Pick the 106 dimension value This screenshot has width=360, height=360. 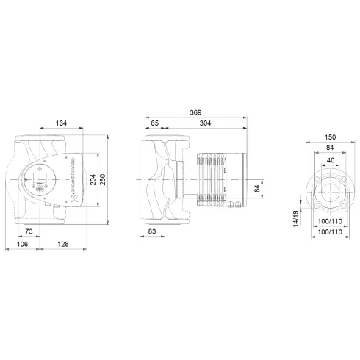(22, 244)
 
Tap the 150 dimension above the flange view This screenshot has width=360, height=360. (329, 137)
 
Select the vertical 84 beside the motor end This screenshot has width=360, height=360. (256, 189)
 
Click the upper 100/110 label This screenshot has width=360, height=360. (328, 221)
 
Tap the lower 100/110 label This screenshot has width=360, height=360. (328, 233)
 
